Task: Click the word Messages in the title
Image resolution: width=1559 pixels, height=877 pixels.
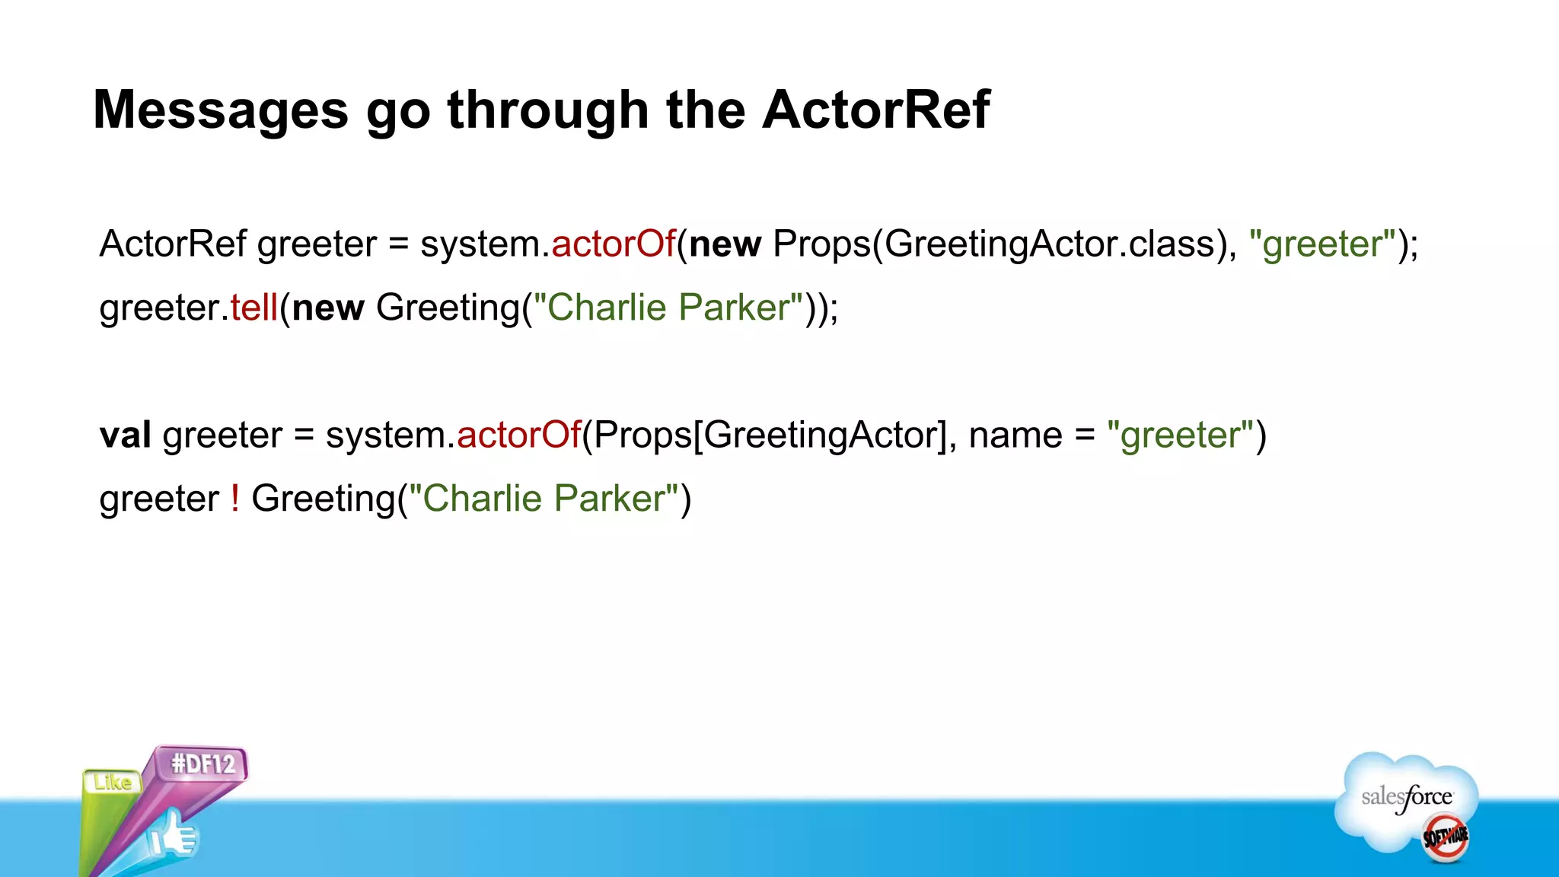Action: pyautogui.click(x=221, y=110)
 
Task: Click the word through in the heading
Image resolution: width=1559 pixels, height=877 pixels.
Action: pyautogui.click(x=548, y=110)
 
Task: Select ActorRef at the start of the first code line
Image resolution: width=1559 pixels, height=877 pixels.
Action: pyautogui.click(x=173, y=244)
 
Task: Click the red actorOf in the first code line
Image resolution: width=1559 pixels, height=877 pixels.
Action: pyautogui.click(x=614, y=244)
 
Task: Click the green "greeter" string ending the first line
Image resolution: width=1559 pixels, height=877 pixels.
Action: pyautogui.click(x=1323, y=244)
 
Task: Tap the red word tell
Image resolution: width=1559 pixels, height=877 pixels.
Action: pyautogui.click(x=254, y=308)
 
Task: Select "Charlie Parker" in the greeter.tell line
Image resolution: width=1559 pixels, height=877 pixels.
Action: pyautogui.click(x=668, y=308)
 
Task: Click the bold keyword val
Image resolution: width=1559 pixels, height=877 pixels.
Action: pyautogui.click(x=125, y=435)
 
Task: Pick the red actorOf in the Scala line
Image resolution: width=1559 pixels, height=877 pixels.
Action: pyautogui.click(x=519, y=435)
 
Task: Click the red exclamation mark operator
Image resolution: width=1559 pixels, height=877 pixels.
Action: pyautogui.click(x=235, y=499)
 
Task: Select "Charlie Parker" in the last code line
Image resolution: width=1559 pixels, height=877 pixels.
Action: pyautogui.click(x=544, y=499)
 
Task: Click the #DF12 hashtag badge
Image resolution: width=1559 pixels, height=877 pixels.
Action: pyautogui.click(x=202, y=763)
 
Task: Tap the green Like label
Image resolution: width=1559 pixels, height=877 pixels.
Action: pyautogui.click(x=113, y=782)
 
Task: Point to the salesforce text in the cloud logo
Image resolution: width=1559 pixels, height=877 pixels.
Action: pyautogui.click(x=1407, y=798)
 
